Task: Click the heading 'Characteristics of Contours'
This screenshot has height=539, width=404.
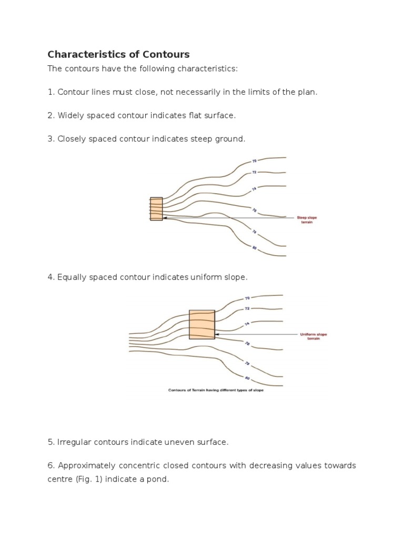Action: click(x=118, y=54)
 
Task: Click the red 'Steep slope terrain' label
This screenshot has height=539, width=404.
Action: click(x=307, y=219)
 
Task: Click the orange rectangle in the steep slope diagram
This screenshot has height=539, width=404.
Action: click(x=156, y=208)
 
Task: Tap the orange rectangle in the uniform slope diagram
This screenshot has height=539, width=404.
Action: click(x=202, y=324)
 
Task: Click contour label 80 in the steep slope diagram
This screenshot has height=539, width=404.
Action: click(x=254, y=247)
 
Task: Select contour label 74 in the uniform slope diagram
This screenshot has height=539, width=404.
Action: click(x=247, y=324)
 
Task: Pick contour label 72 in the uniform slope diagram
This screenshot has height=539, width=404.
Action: click(x=247, y=308)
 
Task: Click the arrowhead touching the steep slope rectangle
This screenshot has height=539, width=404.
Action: click(x=165, y=217)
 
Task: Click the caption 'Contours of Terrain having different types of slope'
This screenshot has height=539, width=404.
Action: click(x=216, y=390)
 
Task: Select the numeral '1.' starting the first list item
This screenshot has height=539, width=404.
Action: click(x=51, y=92)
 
